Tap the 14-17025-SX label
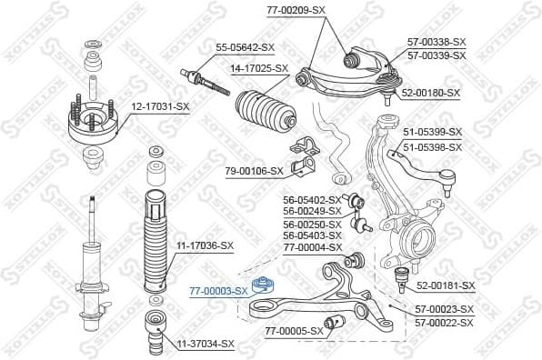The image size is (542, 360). click(258, 68)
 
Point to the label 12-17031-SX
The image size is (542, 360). click(160, 107)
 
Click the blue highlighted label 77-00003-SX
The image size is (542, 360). click(217, 291)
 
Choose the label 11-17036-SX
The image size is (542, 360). click(205, 245)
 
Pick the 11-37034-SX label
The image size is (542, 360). click(206, 344)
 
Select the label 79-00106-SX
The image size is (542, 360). click(255, 170)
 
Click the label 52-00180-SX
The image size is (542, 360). click(431, 93)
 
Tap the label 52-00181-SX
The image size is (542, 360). click(446, 285)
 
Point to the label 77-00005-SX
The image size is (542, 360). click(294, 331)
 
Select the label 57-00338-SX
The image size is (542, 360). click(437, 42)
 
